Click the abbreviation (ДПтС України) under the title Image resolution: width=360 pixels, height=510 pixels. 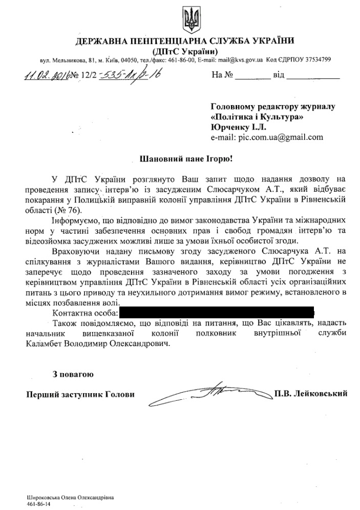pyautogui.click(x=186, y=51)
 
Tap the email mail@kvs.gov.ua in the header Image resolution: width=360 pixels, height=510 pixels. pyautogui.click(x=241, y=60)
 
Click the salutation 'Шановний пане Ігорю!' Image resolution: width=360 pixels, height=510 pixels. pyautogui.click(x=186, y=159)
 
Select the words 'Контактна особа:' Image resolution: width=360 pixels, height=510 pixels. pyautogui.click(x=86, y=312)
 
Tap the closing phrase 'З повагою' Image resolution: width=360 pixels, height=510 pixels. pyautogui.click(x=73, y=375)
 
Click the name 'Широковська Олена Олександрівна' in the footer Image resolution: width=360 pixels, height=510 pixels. pyautogui.click(x=70, y=498)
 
